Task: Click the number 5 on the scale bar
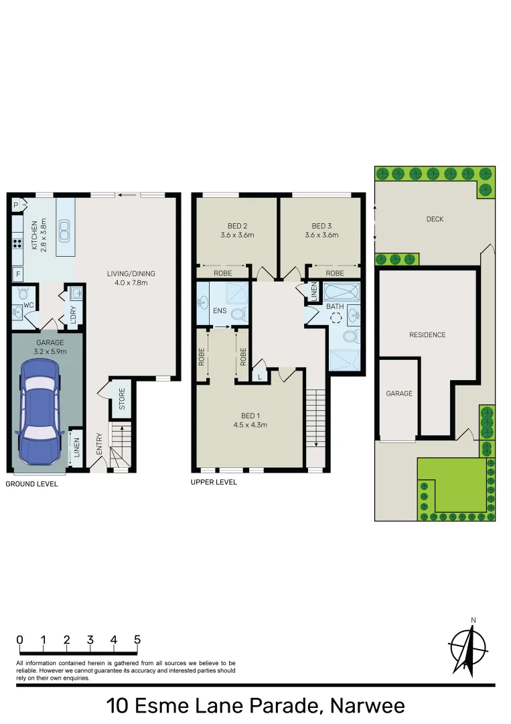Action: [x=137, y=640]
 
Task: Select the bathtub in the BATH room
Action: [x=342, y=292]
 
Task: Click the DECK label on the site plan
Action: [x=435, y=219]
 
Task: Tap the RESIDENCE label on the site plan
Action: [x=427, y=335]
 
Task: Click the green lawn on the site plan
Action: [x=452, y=484]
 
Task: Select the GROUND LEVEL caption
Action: [x=32, y=483]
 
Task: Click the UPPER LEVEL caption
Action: [x=214, y=482]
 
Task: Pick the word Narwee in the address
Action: [x=366, y=706]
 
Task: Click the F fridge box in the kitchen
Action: [x=17, y=274]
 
